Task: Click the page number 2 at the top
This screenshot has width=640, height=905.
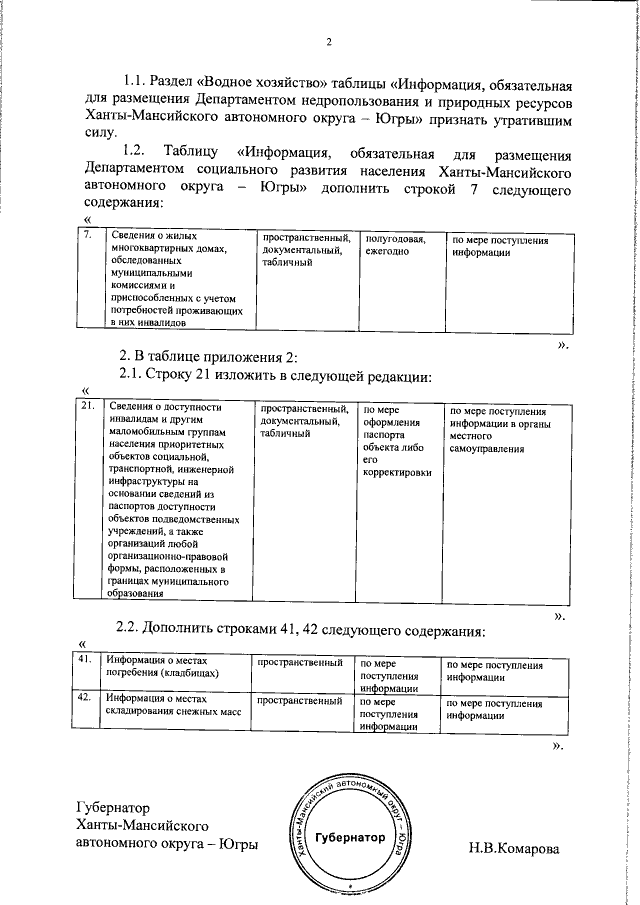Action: coord(327,41)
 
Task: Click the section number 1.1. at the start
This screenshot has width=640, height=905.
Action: coord(136,84)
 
